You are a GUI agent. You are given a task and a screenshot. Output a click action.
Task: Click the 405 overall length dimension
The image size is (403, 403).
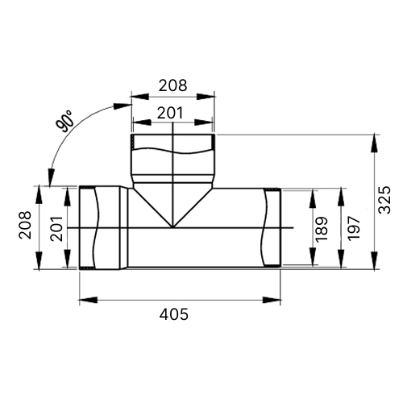[174, 314]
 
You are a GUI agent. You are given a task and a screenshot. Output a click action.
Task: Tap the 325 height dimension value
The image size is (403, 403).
[384, 200]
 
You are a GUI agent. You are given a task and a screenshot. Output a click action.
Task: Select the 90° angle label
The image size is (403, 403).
[64, 121]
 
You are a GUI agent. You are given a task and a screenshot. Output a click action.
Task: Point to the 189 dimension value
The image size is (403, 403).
[322, 229]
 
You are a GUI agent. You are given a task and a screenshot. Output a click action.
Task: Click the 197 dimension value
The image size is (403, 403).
[353, 228]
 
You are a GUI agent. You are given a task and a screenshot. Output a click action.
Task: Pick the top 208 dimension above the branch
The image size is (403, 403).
[172, 85]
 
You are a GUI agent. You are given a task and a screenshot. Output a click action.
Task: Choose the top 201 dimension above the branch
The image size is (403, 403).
[170, 113]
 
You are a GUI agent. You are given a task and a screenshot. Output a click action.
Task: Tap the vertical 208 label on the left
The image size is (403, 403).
[25, 225]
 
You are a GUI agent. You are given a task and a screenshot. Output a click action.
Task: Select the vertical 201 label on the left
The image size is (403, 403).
[56, 228]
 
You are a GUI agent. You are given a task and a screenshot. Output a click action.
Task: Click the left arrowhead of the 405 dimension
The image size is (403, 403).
[88, 300]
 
